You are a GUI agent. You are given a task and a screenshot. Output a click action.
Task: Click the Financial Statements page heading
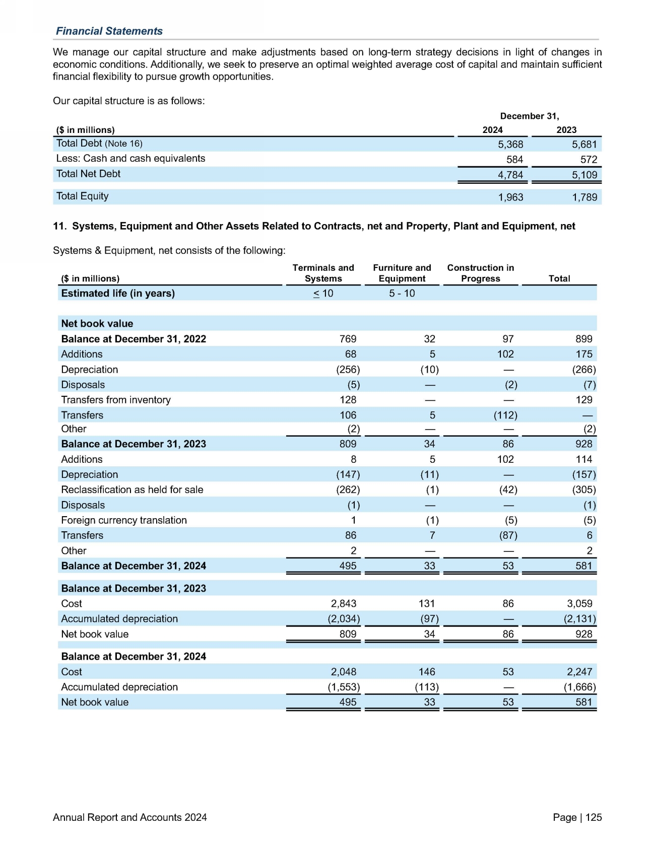tap(109, 31)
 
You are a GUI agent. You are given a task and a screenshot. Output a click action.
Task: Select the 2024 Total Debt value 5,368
tap(510, 145)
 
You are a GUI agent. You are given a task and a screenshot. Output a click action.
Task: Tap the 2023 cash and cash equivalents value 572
tap(588, 160)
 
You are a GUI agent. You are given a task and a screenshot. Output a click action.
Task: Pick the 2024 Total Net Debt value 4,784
tap(510, 175)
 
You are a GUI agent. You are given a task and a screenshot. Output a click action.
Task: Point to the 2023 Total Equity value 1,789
tap(584, 197)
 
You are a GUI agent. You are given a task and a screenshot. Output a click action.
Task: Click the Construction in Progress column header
tap(480, 273)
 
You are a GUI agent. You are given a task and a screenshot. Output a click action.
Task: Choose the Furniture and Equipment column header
tap(402, 273)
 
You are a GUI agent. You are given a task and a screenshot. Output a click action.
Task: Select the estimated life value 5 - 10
tap(402, 293)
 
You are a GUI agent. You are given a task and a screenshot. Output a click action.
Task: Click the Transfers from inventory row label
tap(116, 400)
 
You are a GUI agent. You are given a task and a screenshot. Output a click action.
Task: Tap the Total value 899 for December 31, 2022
tap(583, 339)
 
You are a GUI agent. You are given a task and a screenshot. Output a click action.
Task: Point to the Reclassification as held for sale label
tap(132, 489)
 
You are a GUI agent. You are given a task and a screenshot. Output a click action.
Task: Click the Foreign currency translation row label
tap(124, 520)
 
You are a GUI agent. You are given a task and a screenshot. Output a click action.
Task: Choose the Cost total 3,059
tap(579, 603)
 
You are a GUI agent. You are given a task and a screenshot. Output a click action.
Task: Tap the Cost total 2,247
tap(579, 672)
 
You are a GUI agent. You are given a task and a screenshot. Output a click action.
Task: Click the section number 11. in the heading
tap(59, 226)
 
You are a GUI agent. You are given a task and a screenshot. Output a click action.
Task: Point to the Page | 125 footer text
tap(577, 817)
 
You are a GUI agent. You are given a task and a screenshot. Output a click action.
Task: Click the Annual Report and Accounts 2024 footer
tap(129, 817)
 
